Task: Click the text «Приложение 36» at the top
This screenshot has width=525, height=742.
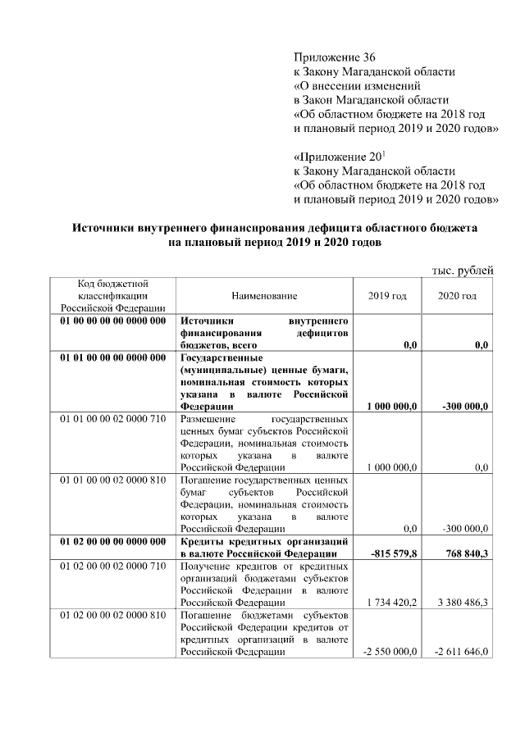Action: pos(334,57)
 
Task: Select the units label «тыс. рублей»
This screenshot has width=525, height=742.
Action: pos(462,271)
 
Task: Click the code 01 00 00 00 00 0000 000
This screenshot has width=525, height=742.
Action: pos(113,321)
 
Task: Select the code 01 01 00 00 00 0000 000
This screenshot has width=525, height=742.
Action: pos(113,357)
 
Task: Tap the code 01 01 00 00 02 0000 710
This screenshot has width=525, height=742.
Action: pos(113,418)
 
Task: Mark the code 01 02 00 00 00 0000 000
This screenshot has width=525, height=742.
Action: pos(113,541)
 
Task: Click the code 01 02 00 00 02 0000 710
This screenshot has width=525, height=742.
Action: pos(113,565)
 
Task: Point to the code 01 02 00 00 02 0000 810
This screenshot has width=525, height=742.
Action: pos(113,613)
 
